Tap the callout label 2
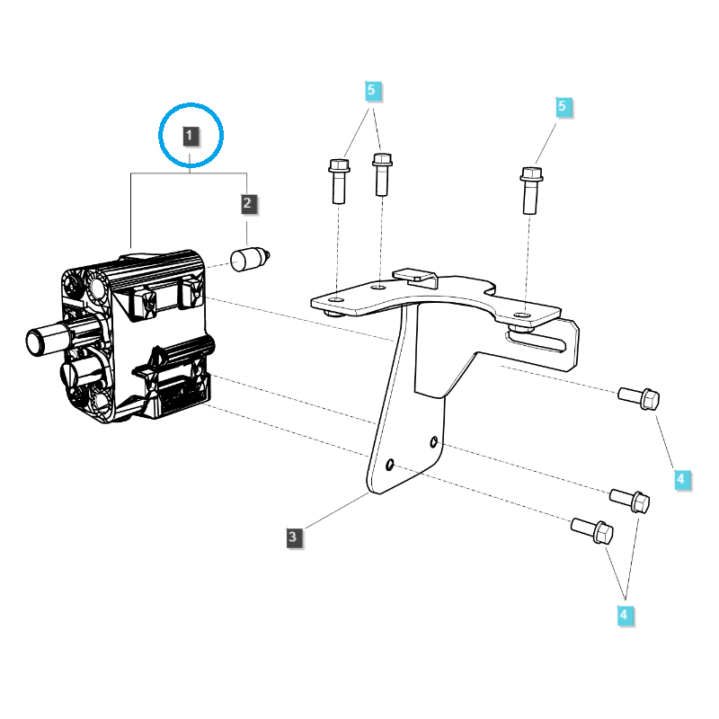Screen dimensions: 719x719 coord(248,204)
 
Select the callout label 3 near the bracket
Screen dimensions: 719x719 coord(293,537)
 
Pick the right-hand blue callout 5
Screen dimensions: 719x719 coord(563,107)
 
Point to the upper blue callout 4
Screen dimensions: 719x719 coord(680,480)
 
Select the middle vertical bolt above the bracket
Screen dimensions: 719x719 coord(382,173)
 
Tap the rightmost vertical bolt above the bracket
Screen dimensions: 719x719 coord(531,188)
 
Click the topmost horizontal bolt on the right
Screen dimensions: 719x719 coord(640,396)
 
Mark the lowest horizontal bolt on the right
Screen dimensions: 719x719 coord(593,531)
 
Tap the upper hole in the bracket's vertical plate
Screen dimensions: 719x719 coord(434,441)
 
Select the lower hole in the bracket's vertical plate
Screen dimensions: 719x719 coord(389,465)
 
